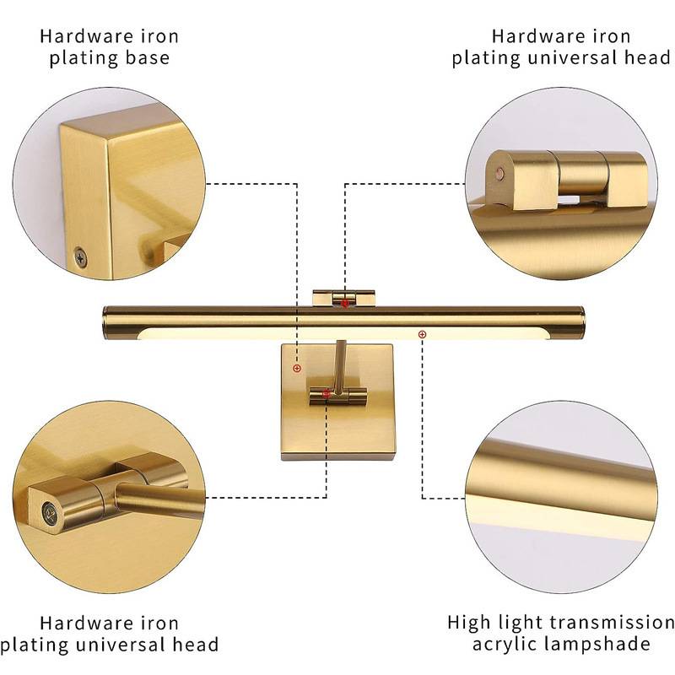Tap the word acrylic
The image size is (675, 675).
tap(504, 645)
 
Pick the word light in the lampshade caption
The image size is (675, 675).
tap(521, 623)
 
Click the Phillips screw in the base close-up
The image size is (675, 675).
tap(80, 256)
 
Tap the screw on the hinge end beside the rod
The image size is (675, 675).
tap(51, 513)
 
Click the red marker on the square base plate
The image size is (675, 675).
tap(297, 368)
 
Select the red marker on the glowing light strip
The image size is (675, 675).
tap(423, 334)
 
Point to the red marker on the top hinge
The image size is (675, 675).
tap(345, 304)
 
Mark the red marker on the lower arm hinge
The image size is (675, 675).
tap(326, 393)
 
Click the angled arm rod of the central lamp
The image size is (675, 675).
tap(339, 367)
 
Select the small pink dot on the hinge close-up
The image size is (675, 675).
tap(499, 174)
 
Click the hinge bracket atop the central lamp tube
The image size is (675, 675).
tap(343, 299)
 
